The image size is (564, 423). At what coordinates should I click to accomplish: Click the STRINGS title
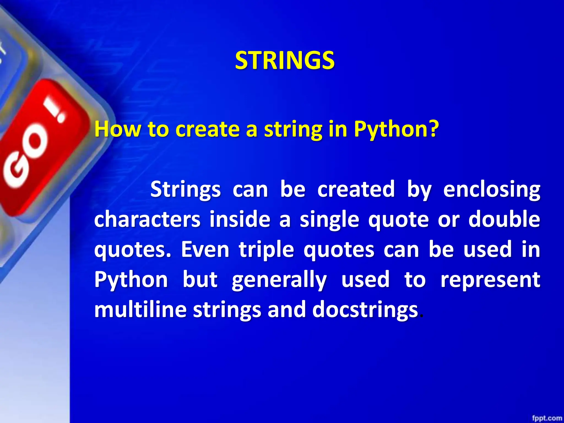285,61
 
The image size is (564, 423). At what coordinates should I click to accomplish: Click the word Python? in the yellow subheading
396,129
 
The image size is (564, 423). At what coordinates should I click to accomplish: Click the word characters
147,219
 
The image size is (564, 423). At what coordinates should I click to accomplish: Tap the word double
504,219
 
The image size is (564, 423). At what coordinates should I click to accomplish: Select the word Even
205,250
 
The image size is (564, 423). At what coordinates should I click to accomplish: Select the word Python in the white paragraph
131,280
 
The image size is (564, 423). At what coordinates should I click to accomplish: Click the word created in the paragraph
356,189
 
